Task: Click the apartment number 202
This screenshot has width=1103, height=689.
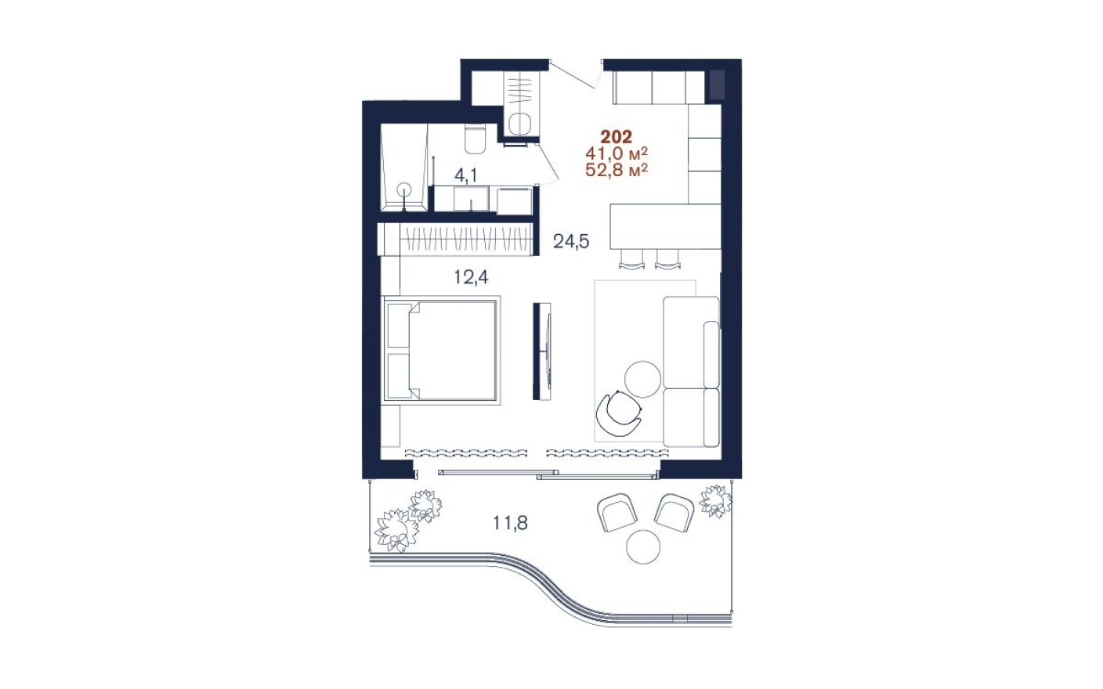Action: click(x=616, y=138)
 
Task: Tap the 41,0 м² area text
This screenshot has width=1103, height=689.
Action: click(x=617, y=153)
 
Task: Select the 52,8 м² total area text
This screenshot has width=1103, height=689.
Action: click(x=617, y=169)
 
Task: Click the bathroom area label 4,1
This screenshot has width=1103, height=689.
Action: click(x=465, y=175)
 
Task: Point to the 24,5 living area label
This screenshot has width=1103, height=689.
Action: click(x=570, y=241)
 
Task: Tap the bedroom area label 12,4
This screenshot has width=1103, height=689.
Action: click(x=471, y=276)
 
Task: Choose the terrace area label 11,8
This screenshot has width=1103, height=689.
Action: click(x=510, y=522)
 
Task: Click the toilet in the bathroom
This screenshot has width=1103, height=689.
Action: click(x=476, y=139)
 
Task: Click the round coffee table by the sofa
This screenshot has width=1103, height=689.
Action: click(x=643, y=379)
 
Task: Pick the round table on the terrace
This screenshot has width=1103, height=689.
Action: click(x=644, y=546)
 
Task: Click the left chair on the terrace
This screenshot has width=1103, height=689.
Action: click(x=617, y=512)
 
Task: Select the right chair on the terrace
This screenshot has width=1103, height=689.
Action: click(x=673, y=512)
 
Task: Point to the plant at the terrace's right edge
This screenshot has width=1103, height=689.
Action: click(x=715, y=500)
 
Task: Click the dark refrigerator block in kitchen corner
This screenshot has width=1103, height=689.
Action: click(x=716, y=84)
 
